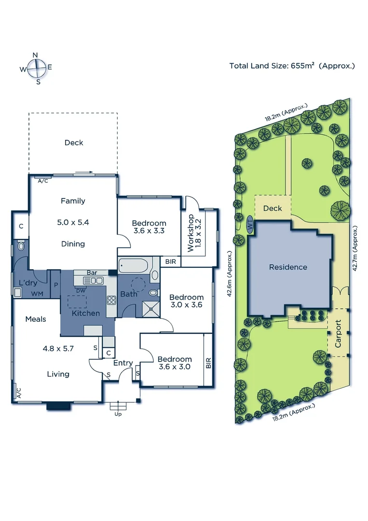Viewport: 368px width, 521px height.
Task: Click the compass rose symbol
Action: (x=36, y=68)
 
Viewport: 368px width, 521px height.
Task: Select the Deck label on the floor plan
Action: (x=74, y=143)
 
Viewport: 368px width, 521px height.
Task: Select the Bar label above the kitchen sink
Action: (x=92, y=273)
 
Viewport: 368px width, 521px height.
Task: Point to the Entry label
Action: (x=123, y=363)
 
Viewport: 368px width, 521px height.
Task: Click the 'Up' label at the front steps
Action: (x=118, y=414)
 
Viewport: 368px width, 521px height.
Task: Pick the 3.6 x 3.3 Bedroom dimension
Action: (x=149, y=231)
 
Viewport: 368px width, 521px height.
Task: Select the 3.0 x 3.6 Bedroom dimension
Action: (x=186, y=305)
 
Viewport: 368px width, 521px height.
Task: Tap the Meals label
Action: (x=36, y=319)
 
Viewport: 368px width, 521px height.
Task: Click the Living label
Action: (x=58, y=374)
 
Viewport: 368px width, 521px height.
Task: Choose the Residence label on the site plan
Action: (x=288, y=267)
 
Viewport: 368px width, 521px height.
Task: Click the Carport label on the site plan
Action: (x=338, y=333)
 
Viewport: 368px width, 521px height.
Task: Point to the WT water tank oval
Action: (x=250, y=225)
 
